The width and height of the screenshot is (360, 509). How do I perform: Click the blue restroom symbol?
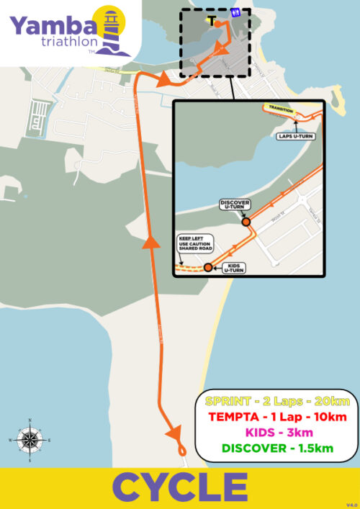pyautogui.click(x=235, y=12)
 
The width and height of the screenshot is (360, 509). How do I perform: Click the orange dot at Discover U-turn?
pyautogui.click(x=246, y=222)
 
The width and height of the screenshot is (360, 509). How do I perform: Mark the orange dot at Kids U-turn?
pyautogui.click(x=208, y=268)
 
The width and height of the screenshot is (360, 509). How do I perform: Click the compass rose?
pyautogui.click(x=29, y=437)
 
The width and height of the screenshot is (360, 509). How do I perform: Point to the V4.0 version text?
pyautogui.click(x=351, y=504)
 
